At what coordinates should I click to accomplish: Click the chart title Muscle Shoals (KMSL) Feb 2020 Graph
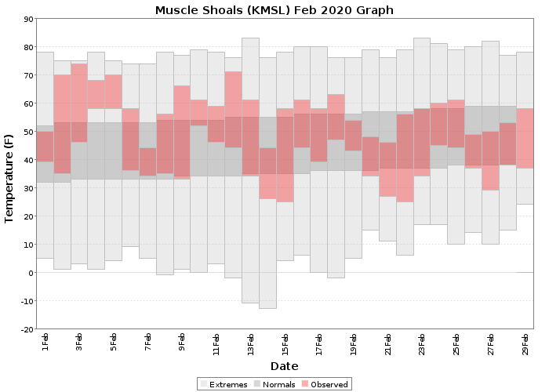274,10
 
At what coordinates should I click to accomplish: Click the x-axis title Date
284,366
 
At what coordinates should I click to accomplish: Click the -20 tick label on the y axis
26,329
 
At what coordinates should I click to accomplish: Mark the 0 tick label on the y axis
31,273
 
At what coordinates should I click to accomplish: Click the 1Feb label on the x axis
45,342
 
